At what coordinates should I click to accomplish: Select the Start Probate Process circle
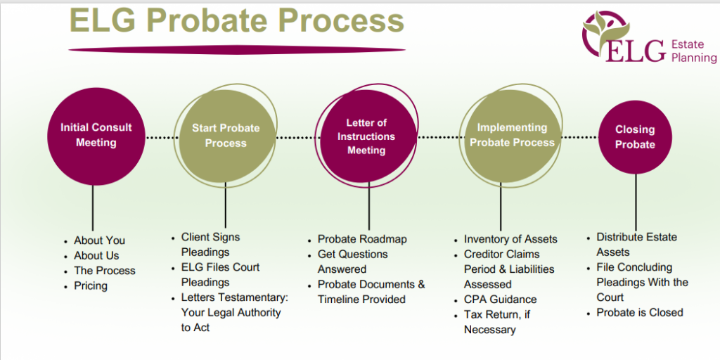[x=226, y=136]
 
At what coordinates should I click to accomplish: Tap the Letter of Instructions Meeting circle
[x=366, y=136]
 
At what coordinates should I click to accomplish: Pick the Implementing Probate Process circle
[x=512, y=135]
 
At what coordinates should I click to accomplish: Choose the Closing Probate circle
[x=635, y=137]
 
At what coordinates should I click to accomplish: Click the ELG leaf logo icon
[x=600, y=28]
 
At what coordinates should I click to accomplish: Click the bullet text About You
[x=99, y=240]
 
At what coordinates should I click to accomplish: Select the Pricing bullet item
[x=91, y=285]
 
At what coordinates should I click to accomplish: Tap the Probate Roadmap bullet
[x=362, y=239]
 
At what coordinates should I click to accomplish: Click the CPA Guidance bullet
[x=500, y=300]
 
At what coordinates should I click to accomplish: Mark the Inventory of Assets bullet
[x=510, y=239]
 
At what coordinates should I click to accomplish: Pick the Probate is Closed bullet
[x=640, y=312]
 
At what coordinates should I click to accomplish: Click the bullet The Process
[x=105, y=271]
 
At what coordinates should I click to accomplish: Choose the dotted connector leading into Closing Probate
[x=580, y=137]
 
